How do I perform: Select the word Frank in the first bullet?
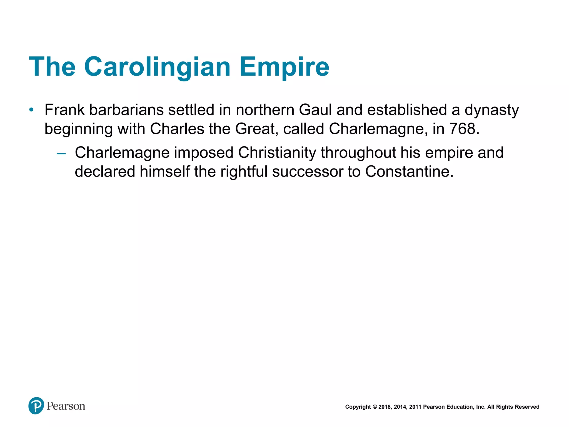coord(64,110)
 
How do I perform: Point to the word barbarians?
coord(126,110)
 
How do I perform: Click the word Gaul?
coord(315,110)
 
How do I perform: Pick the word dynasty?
coord(491,110)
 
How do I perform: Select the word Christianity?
coord(277,153)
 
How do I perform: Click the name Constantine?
coord(409,172)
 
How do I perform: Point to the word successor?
coord(308,172)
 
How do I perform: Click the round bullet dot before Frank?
coord(31,110)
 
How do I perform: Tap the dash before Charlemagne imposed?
coord(61,153)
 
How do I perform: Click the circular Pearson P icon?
coord(36,406)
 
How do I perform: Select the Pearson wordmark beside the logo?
coord(66,406)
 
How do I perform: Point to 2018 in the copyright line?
coord(385,407)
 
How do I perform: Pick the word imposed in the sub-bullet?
coord(204,153)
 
